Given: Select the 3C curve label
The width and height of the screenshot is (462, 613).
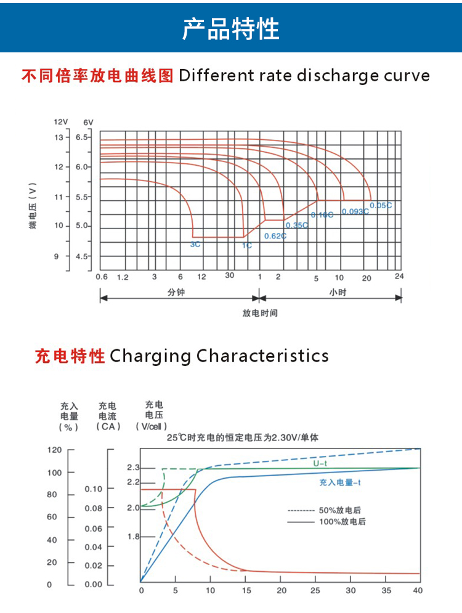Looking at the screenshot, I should point(195,245).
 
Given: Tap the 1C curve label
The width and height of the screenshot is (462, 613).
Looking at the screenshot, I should point(246,245).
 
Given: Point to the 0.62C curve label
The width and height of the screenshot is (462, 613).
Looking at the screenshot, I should point(275,236).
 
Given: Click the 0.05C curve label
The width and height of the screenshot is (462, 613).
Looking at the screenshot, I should point(380,205).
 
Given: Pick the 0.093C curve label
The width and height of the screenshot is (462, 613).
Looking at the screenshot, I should point(355,211).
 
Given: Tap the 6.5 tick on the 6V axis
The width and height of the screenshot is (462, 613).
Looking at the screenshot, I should point(83,137).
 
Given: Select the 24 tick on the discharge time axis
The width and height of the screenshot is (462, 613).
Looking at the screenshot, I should point(399,275).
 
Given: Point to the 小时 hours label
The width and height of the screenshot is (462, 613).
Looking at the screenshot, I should point(338,292).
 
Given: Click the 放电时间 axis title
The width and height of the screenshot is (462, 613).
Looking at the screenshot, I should point(260,313).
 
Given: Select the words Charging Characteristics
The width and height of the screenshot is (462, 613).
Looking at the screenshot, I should point(219,356).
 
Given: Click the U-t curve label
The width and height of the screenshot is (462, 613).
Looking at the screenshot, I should point(320,463).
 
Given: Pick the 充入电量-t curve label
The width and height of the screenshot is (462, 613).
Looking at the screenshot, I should point(340,483).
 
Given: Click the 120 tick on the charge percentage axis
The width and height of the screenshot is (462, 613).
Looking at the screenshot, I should point(55,450).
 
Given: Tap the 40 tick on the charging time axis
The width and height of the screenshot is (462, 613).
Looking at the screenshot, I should point(417,590).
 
